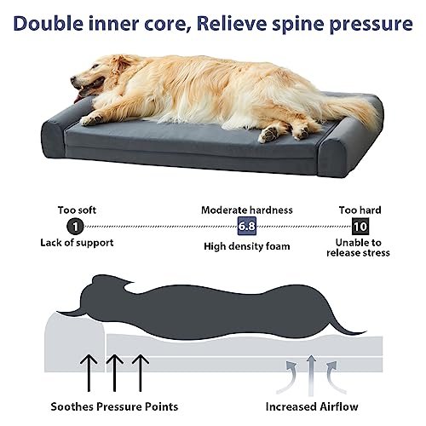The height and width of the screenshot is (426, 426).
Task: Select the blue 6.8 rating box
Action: [x=247, y=226]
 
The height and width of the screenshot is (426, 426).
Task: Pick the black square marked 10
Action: [x=360, y=226]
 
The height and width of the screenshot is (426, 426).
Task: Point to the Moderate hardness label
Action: [x=246, y=209]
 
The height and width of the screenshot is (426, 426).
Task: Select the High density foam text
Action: [x=246, y=246]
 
